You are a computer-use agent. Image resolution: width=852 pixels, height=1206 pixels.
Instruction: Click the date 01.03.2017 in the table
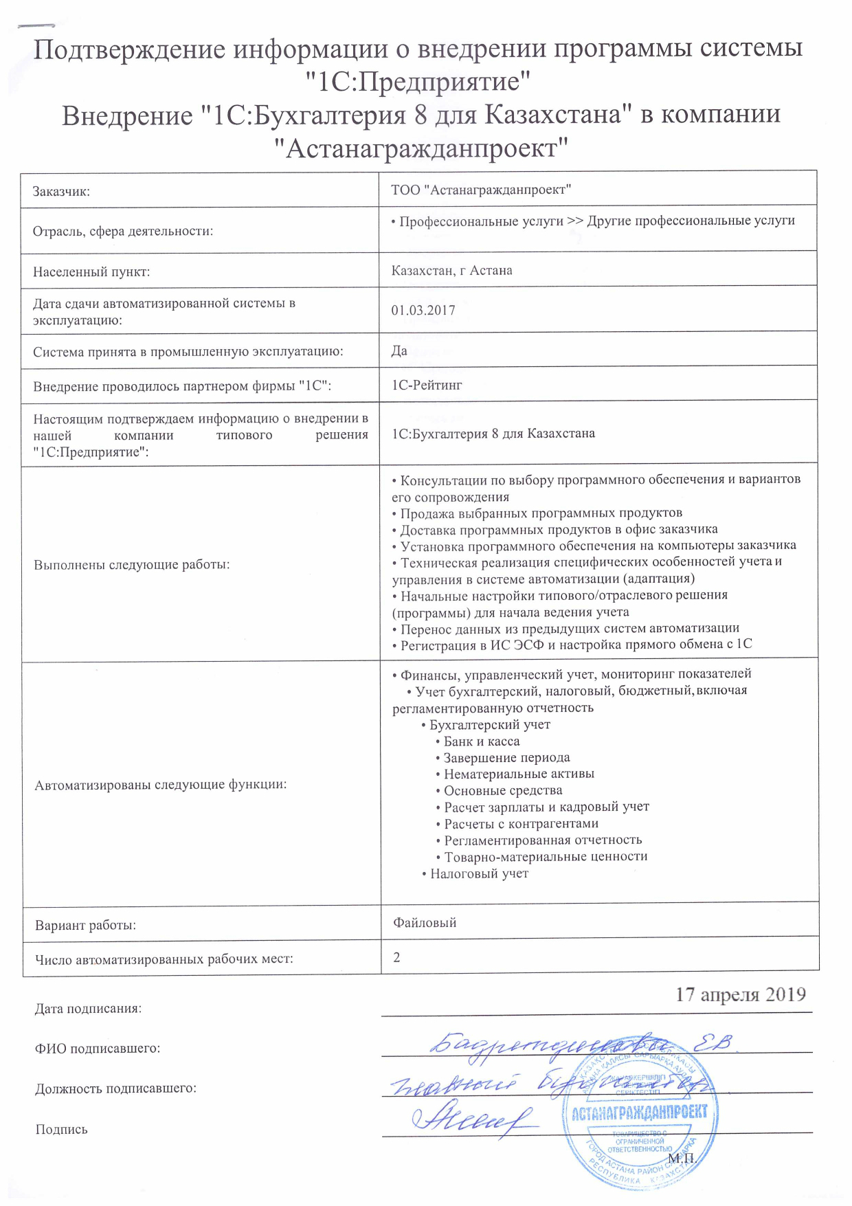coord(423,311)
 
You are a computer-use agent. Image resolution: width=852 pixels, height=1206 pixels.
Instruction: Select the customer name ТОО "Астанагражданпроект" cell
coord(481,190)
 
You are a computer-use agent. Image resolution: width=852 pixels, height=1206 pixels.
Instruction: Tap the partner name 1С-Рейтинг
coord(427,386)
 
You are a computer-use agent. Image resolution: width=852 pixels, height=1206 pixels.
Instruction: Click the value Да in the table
coord(399,351)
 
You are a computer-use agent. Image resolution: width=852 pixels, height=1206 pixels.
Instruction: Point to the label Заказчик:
coord(61,192)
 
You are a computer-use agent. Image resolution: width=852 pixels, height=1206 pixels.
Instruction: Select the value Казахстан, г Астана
coord(451,271)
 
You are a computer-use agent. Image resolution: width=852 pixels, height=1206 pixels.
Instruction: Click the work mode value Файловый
coord(425,923)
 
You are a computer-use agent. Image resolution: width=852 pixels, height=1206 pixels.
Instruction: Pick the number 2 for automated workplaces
coord(397,957)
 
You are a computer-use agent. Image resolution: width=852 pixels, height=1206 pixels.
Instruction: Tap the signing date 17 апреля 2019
coord(740,995)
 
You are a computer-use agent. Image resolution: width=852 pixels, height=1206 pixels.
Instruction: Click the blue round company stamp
coord(640,1112)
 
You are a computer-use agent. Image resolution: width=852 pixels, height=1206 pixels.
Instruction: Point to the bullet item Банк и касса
coord(481,741)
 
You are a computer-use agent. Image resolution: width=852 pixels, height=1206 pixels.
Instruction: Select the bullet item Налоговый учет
coord(479,874)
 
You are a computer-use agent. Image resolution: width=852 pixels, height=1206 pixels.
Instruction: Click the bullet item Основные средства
coord(503,791)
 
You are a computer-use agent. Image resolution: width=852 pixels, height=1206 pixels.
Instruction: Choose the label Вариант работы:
coord(85,926)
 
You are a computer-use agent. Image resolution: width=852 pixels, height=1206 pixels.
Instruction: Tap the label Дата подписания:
coord(88,1009)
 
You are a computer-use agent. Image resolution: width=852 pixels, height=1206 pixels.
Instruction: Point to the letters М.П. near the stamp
coord(682,1159)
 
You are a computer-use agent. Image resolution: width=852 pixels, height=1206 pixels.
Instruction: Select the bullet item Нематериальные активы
coord(519,774)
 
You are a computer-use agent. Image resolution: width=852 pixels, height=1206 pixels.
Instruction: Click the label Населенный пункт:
coord(91,272)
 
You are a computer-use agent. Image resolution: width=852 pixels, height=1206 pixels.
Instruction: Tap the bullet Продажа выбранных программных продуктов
coord(541,513)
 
